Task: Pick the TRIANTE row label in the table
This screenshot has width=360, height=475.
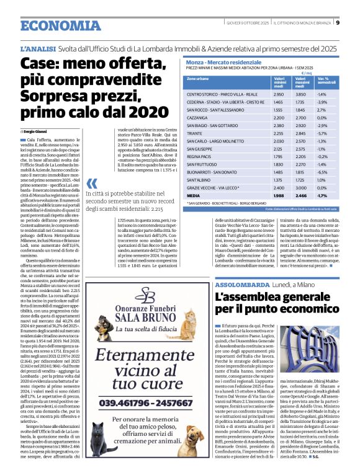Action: point(196,133)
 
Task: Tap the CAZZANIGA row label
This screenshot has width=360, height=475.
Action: point(199,117)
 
